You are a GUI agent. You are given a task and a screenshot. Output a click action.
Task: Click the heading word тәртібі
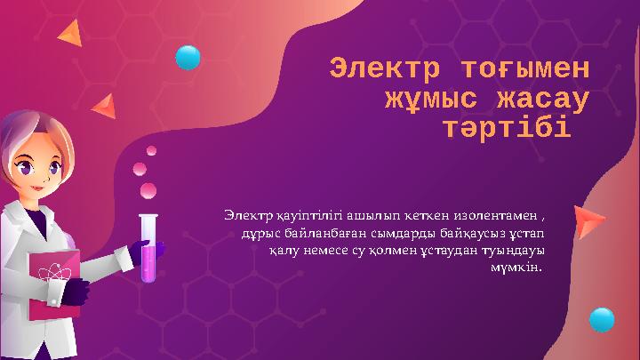coord(506,132)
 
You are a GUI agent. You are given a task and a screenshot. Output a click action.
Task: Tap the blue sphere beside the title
coord(188,57)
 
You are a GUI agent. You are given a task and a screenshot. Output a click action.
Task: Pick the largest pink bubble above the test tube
coord(148,189)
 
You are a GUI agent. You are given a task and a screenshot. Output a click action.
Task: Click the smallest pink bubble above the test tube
coord(152,150)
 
